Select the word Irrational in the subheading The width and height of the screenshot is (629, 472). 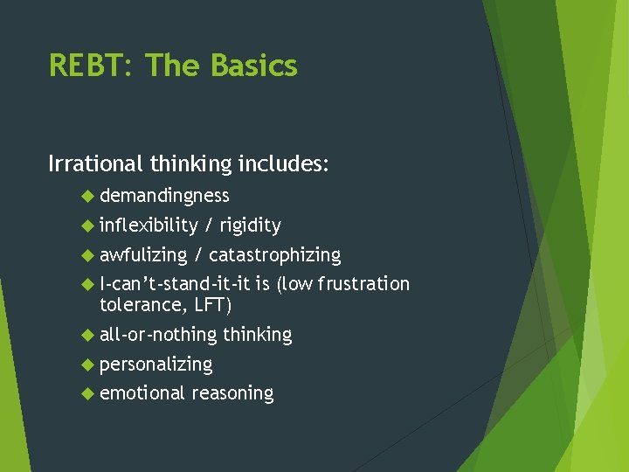click(96, 163)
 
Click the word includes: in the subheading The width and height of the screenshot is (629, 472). click(286, 163)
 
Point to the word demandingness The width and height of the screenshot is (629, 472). click(164, 196)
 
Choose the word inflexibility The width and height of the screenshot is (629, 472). click(149, 226)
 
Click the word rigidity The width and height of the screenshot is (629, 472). click(250, 226)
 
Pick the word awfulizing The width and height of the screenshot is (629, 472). click(143, 255)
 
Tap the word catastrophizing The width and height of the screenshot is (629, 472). click(274, 255)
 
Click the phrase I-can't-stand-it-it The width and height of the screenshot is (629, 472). click(176, 284)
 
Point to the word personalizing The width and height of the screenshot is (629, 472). click(156, 364)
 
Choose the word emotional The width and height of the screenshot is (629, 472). click(142, 394)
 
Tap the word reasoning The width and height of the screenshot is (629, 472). click(232, 394)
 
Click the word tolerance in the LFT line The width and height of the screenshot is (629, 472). click(139, 305)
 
